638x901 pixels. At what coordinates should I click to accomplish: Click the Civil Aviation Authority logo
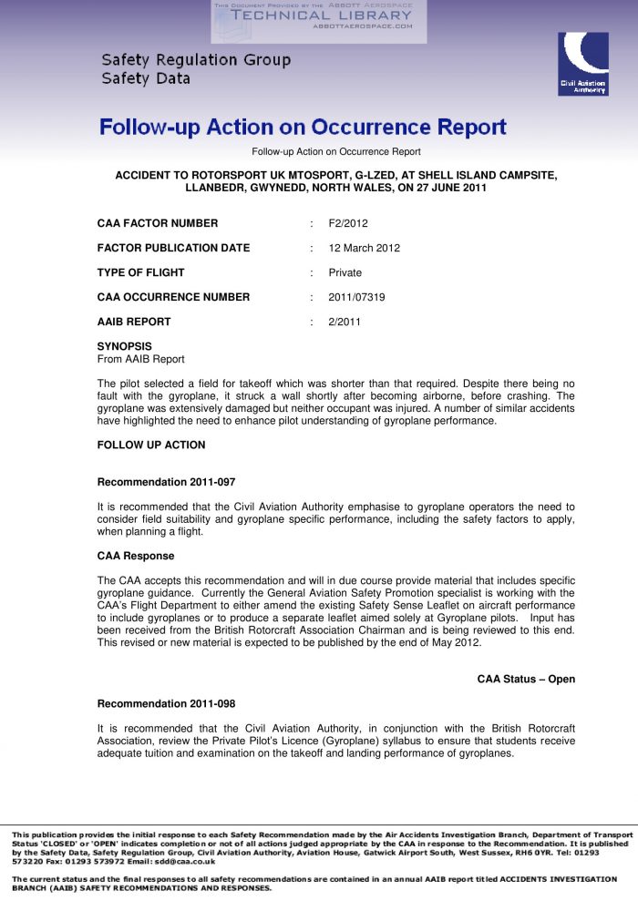pos(582,64)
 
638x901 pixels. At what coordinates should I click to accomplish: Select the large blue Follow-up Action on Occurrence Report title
pos(303,127)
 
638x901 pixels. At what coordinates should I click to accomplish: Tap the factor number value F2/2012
pos(348,223)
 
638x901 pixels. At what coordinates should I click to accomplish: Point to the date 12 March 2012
pos(365,248)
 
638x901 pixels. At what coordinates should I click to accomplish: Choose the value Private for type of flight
pos(345,272)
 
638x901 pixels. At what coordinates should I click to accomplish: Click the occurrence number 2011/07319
pos(356,297)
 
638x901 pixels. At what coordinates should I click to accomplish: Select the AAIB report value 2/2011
pos(345,322)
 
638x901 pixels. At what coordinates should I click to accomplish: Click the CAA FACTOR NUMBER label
pos(158,223)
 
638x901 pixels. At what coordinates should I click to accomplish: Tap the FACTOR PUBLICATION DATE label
pos(173,248)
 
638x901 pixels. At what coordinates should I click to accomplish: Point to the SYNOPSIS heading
pos(125,346)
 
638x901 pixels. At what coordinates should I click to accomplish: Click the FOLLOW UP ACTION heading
pos(151,445)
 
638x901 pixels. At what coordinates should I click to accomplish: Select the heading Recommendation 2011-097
pos(166,482)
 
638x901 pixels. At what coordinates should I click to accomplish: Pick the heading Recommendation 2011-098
pos(166,703)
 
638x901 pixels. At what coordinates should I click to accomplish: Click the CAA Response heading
pos(136,556)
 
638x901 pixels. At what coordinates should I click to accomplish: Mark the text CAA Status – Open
pos(526,679)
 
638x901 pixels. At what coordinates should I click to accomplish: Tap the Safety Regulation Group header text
pos(196,60)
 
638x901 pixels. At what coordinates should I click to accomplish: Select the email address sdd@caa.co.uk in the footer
pos(182,860)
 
